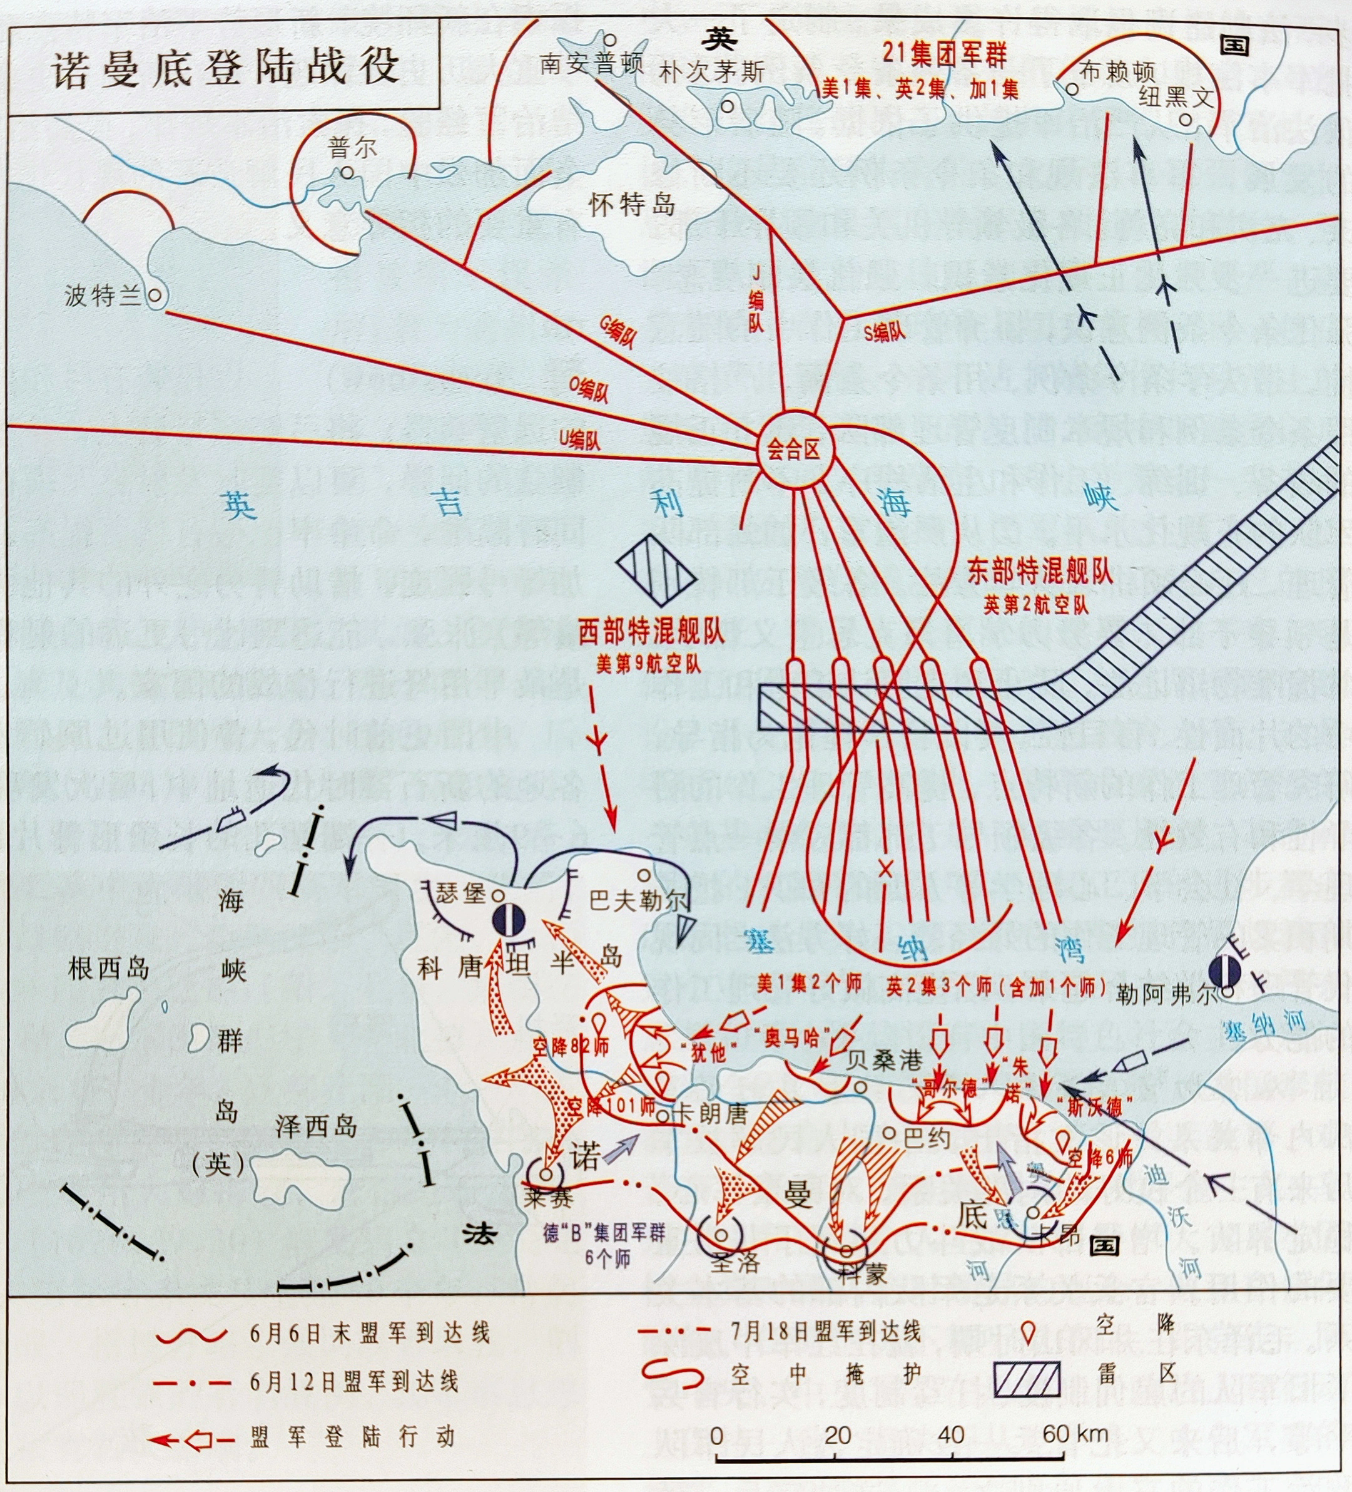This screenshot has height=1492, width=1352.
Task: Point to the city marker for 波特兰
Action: tap(155, 294)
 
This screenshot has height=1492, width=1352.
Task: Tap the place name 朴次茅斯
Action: tap(711, 72)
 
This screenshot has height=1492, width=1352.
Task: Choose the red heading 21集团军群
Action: tap(945, 53)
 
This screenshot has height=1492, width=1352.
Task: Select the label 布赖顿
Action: tap(1117, 72)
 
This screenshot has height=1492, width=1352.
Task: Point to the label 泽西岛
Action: tap(316, 1127)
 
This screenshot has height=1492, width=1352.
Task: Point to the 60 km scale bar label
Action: tap(1075, 1434)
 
